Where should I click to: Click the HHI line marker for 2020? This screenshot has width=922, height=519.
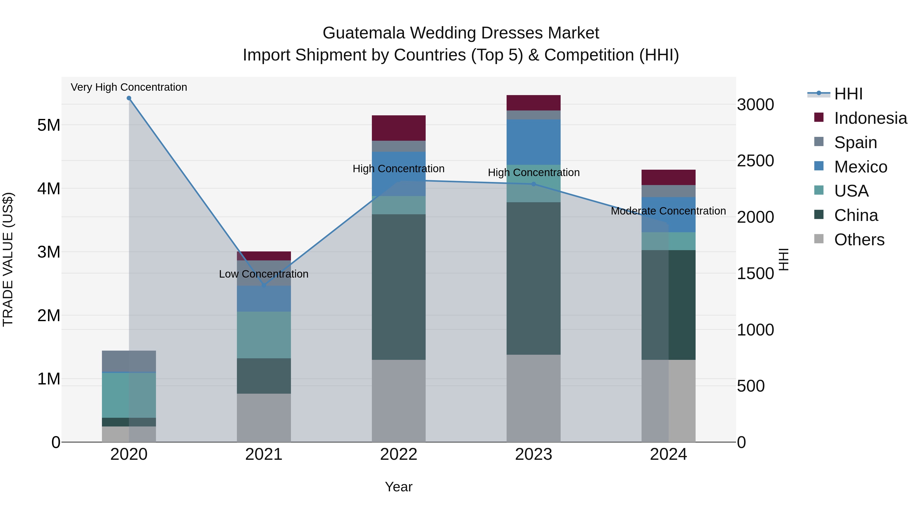(x=129, y=98)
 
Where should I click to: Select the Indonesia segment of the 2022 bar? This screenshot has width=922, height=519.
(x=399, y=128)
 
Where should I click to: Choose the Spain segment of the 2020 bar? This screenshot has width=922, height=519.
(x=129, y=361)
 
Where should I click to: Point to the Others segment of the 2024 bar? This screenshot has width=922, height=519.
(x=668, y=401)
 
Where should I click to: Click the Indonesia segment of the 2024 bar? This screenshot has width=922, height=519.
(x=668, y=177)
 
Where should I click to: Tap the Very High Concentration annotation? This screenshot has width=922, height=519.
(x=129, y=87)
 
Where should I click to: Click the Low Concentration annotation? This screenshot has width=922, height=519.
(x=264, y=274)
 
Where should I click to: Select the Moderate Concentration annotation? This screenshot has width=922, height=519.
(x=668, y=211)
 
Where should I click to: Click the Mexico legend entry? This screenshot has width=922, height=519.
(x=861, y=167)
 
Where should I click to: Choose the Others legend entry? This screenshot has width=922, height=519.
(x=859, y=240)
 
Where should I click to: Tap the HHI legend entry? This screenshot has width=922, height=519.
(x=848, y=94)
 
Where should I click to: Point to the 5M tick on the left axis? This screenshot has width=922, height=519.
(x=49, y=125)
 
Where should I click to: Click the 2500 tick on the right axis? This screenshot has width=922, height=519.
(x=755, y=161)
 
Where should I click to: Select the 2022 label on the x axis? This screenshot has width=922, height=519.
(x=399, y=454)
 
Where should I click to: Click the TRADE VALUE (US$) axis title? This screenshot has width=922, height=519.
(x=8, y=259)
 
